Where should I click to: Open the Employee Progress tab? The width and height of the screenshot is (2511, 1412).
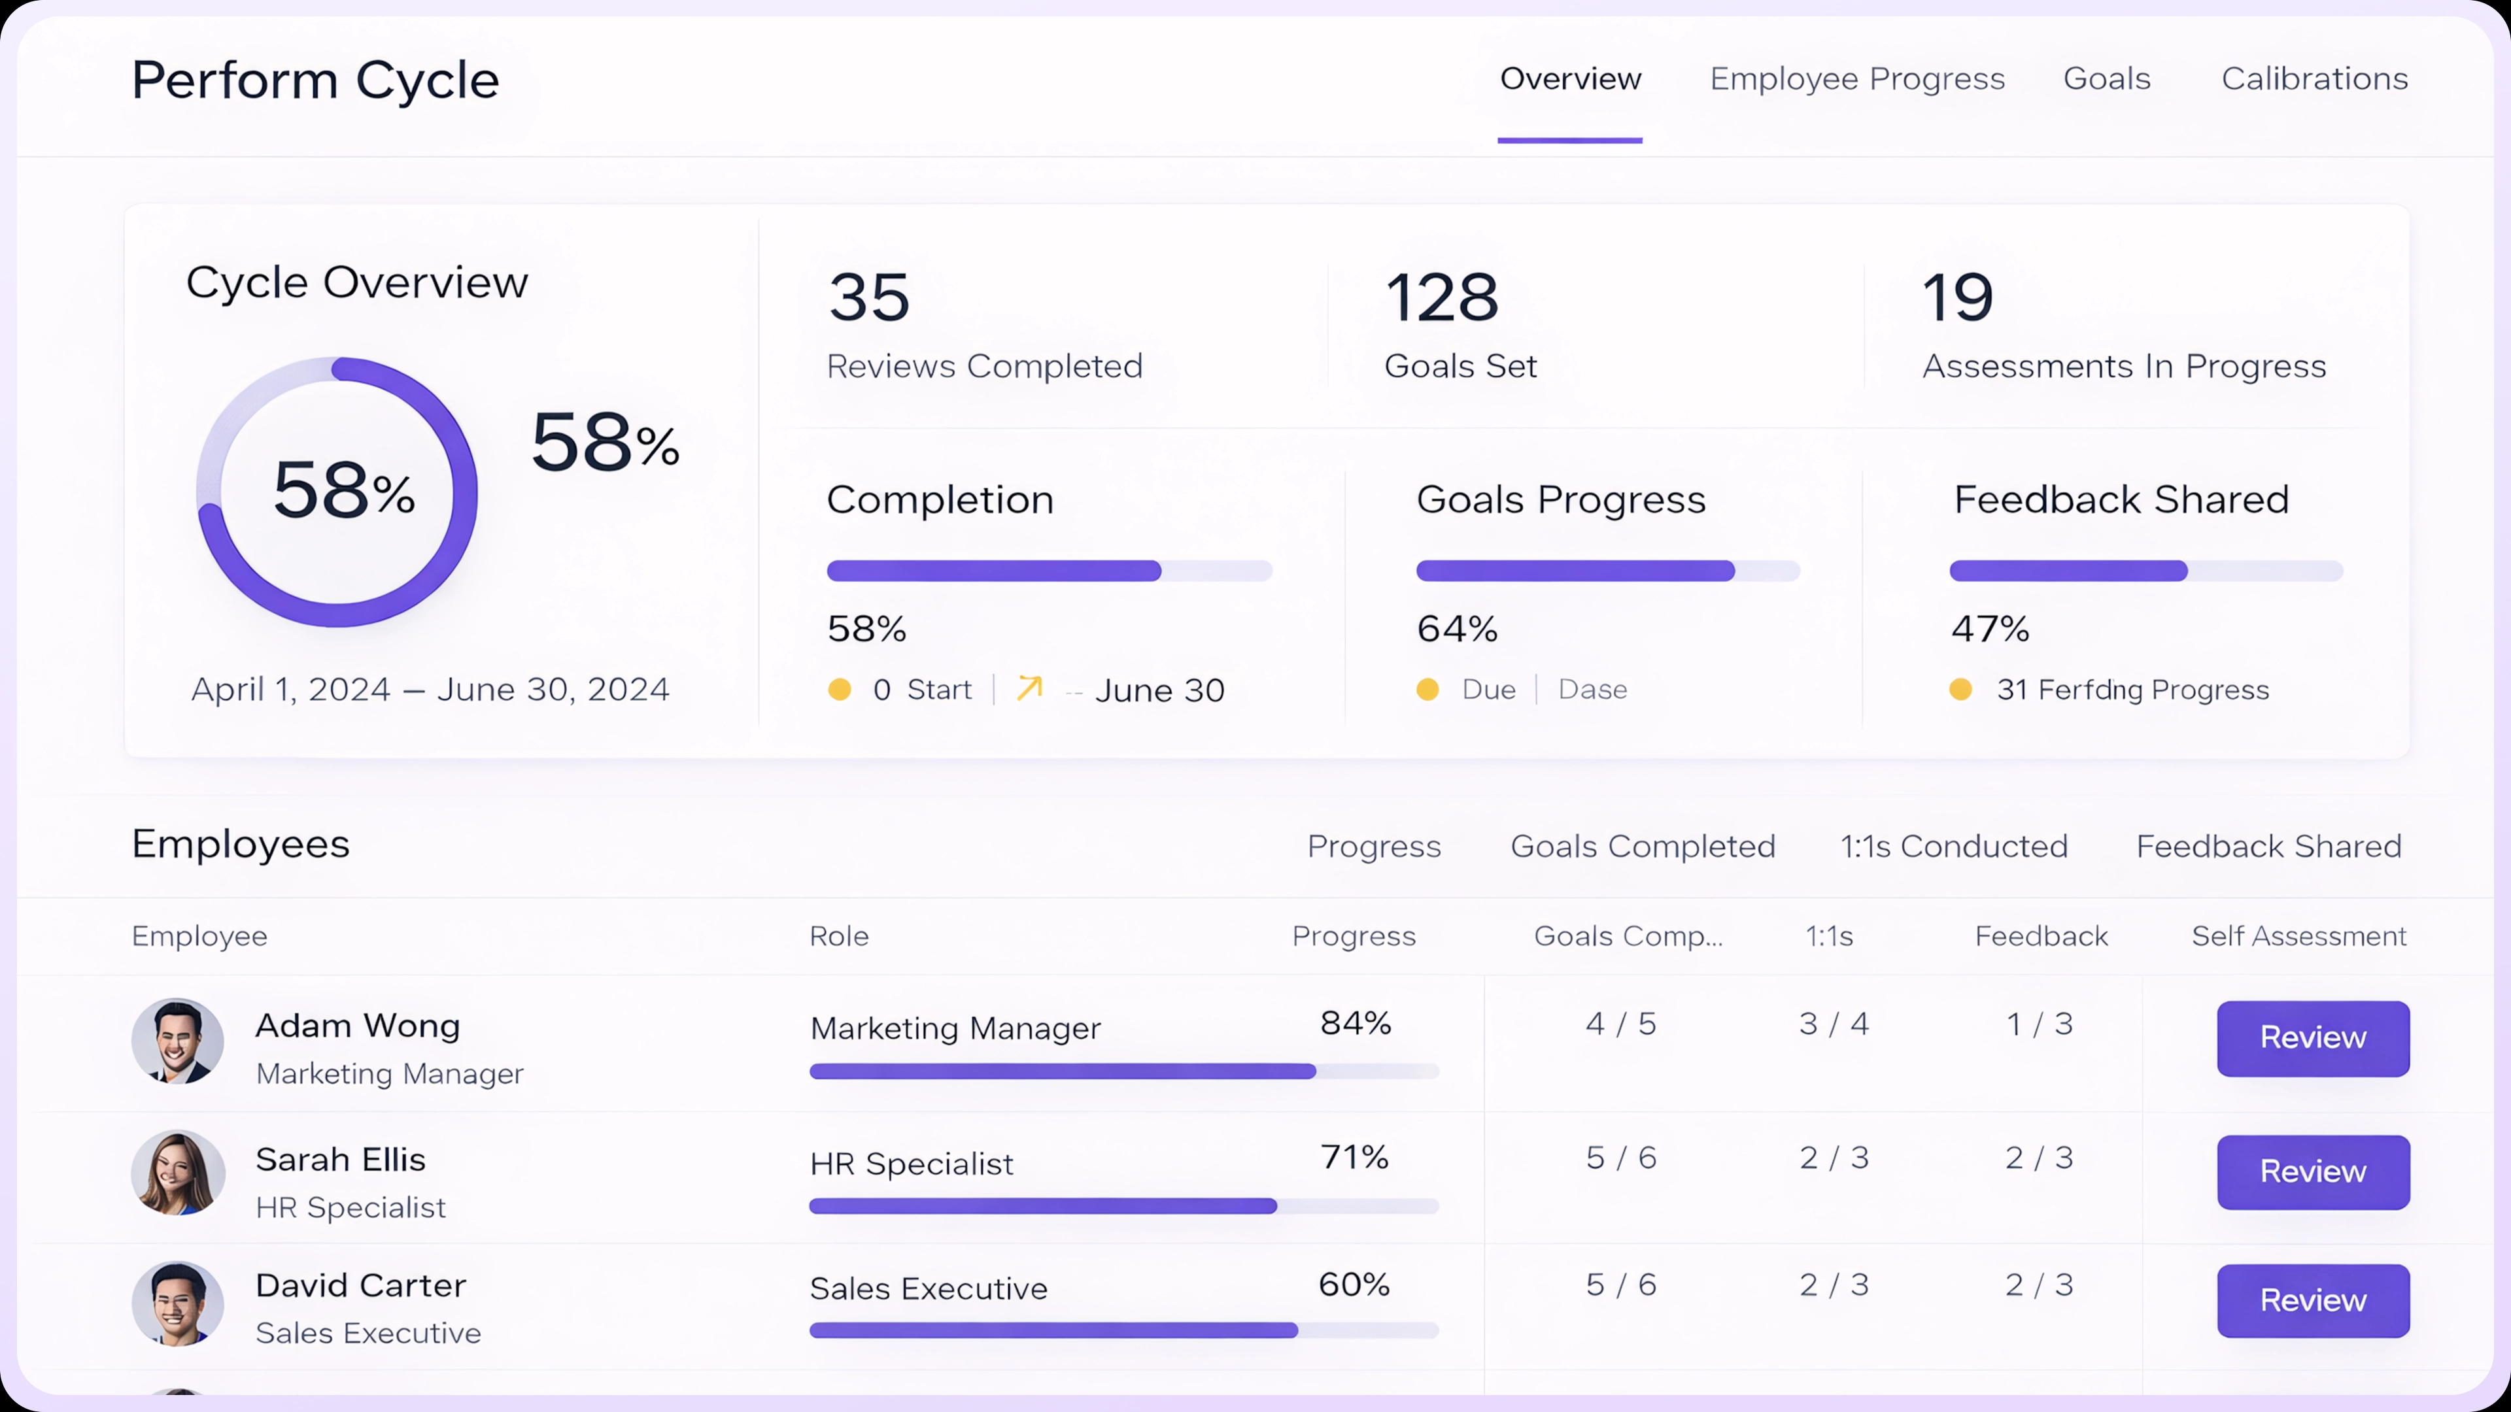[x=1857, y=79]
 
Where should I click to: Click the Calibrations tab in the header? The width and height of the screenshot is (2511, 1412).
[x=2314, y=79]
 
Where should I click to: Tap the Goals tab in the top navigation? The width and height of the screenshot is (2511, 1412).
[x=2106, y=79]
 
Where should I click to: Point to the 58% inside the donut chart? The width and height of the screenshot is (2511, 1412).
[x=343, y=490]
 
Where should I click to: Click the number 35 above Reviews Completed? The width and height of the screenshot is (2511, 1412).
[x=868, y=297]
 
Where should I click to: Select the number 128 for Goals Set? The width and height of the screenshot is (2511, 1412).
[x=1442, y=297]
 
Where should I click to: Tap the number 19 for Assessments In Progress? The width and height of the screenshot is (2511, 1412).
[x=1957, y=297]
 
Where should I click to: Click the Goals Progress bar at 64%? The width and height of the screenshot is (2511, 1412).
[x=1607, y=571]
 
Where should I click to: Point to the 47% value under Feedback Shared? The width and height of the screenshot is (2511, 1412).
[x=1989, y=628]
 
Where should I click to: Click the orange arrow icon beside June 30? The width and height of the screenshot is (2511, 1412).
[x=1029, y=688]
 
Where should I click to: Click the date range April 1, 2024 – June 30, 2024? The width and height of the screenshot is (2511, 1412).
[x=430, y=690]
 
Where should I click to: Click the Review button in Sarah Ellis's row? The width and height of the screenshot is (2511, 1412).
[x=2312, y=1171]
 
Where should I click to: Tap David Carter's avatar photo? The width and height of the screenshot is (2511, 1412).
[x=177, y=1304]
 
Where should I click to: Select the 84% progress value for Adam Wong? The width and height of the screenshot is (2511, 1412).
[x=1355, y=1023]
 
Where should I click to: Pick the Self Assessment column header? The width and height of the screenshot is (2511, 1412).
[x=2298, y=937]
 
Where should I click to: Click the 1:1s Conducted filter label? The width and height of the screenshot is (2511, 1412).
[x=1953, y=847]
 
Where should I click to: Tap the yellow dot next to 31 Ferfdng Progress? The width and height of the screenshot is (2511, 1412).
[x=1960, y=690]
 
